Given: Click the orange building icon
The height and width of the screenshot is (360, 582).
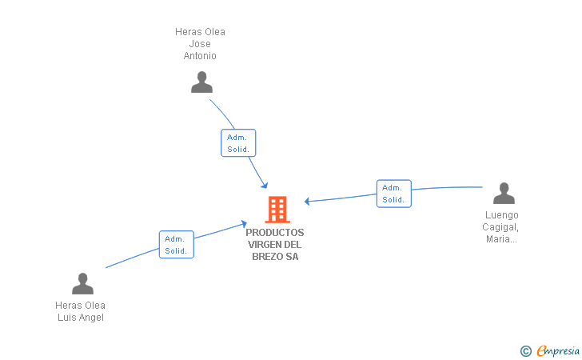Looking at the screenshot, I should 277,210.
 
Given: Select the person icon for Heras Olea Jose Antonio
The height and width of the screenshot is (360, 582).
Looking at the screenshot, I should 201,82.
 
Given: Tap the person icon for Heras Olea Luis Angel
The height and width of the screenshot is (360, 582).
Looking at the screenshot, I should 82,283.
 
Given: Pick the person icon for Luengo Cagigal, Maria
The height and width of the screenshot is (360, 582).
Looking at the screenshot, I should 504,194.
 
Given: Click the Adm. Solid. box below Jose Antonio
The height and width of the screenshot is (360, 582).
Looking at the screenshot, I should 238,143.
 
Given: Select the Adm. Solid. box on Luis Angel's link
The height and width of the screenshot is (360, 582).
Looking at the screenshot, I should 177,244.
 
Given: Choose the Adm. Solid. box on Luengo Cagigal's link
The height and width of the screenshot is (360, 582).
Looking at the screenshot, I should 393,194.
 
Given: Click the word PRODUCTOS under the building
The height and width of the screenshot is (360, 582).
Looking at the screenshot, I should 275,233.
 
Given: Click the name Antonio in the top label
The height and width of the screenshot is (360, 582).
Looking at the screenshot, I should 200,56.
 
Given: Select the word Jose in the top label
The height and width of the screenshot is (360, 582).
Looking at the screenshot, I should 200,44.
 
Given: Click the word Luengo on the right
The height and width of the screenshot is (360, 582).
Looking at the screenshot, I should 501,215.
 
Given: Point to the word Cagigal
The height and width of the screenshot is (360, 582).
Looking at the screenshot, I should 501,227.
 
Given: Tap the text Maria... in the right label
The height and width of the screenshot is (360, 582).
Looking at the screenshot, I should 501,239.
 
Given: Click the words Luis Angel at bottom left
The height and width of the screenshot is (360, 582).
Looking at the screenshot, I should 81,318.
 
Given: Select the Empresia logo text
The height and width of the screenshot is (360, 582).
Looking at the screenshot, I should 558,350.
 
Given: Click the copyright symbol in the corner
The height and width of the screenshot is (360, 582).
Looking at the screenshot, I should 525,350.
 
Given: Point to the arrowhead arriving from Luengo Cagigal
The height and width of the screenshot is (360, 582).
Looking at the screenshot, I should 308,201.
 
